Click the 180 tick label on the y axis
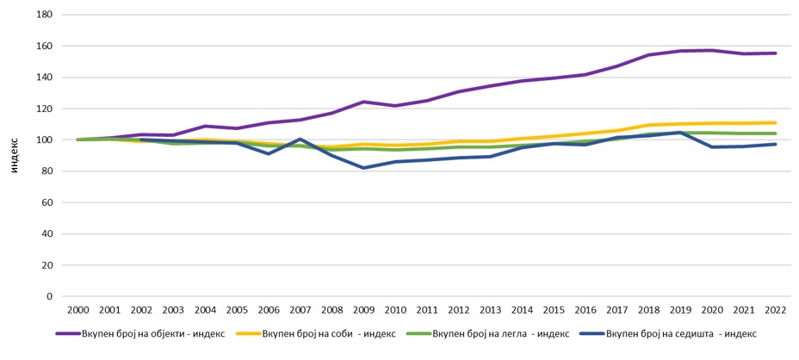(x=45, y=15)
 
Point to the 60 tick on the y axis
(x=47, y=202)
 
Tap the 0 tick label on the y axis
(x=50, y=296)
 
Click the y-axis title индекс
(x=15, y=156)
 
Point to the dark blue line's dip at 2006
(x=269, y=153)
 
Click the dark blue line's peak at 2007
(x=300, y=139)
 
